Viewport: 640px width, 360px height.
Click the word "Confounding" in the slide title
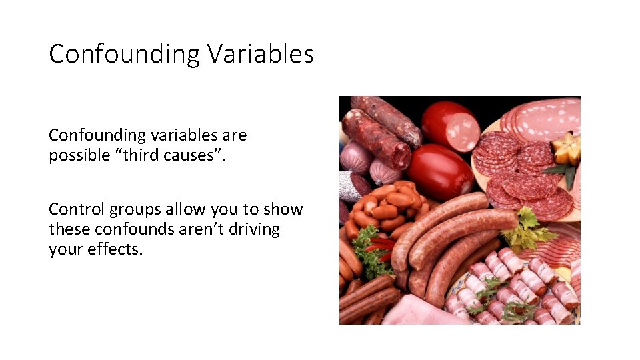coord(124,53)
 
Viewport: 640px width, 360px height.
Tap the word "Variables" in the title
coord(260,53)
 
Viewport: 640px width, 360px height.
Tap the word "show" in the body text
coord(283,209)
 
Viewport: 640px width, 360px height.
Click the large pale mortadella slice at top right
coord(543,118)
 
